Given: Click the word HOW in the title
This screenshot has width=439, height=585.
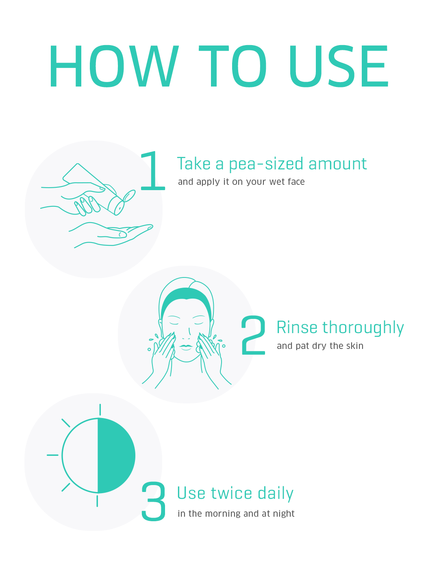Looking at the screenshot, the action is pos(114,66).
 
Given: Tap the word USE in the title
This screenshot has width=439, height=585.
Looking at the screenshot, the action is pos(339,66).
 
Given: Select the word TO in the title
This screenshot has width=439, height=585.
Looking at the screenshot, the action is pos(233,66).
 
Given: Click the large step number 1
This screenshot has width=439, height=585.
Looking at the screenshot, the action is pos(153,171).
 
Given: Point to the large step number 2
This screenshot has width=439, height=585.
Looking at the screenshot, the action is pos(253,335).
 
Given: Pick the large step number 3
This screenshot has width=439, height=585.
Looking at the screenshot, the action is pos(154,501).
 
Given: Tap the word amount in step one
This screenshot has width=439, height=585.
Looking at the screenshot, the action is pos(338,164).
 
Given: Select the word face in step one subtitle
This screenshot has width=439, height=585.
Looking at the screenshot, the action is pos(296,182).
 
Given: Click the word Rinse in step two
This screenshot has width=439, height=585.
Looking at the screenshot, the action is pos(297,327).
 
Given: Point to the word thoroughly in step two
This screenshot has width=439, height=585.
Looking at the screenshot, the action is pos(363,328).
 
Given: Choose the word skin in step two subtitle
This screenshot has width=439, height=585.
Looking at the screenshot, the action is pos(355,346).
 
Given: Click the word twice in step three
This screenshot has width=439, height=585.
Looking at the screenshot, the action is pos(231,493).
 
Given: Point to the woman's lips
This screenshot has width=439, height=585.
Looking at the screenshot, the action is pos(186,347).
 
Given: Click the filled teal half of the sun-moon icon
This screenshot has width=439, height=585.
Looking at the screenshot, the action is pos(116,455).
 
